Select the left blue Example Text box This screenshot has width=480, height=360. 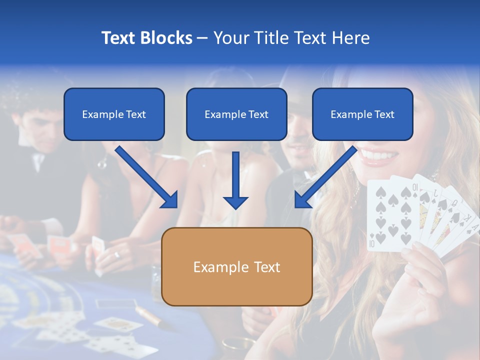[114, 114]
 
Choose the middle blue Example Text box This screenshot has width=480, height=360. [236, 114]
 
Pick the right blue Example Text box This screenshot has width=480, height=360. [362, 114]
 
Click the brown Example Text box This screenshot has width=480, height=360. [237, 267]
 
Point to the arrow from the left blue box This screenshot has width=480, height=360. [146, 176]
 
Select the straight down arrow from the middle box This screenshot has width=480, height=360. [235, 180]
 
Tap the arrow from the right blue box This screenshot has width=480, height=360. [326, 176]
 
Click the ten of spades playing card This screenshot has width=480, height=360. [387, 215]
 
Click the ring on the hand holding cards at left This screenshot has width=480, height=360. [117, 255]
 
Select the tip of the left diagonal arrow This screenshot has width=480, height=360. [176, 206]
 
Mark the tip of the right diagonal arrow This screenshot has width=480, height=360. [296, 206]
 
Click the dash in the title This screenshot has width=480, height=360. [202, 38]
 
